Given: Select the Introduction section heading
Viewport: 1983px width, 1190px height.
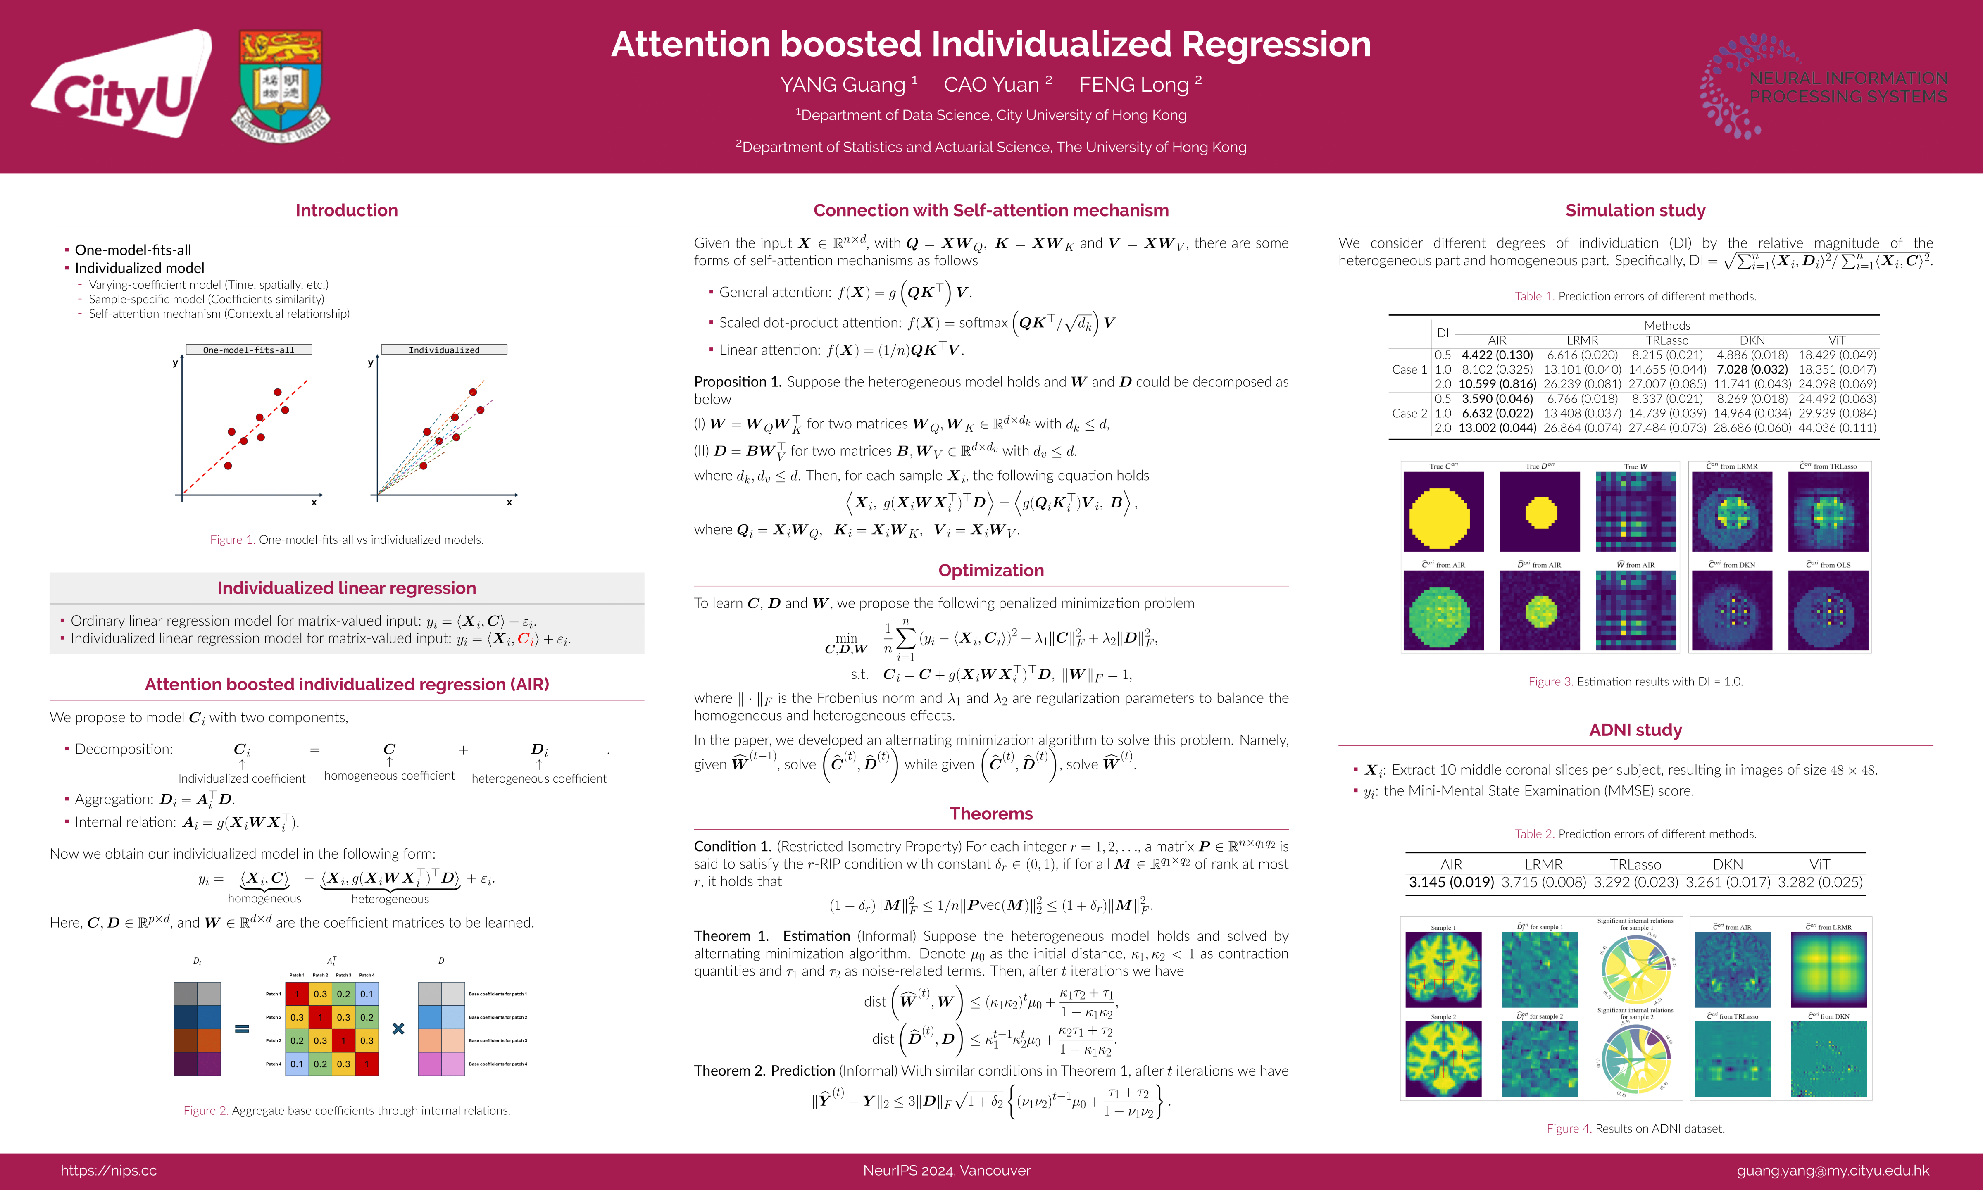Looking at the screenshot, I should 346,210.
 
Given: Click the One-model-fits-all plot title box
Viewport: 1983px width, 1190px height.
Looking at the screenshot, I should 249,350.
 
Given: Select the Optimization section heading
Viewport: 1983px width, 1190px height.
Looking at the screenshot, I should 991,570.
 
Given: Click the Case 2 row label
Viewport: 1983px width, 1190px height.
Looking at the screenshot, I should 1409,413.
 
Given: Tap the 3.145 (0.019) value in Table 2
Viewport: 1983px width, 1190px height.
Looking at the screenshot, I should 1450,882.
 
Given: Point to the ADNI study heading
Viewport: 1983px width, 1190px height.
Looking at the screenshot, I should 1635,730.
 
